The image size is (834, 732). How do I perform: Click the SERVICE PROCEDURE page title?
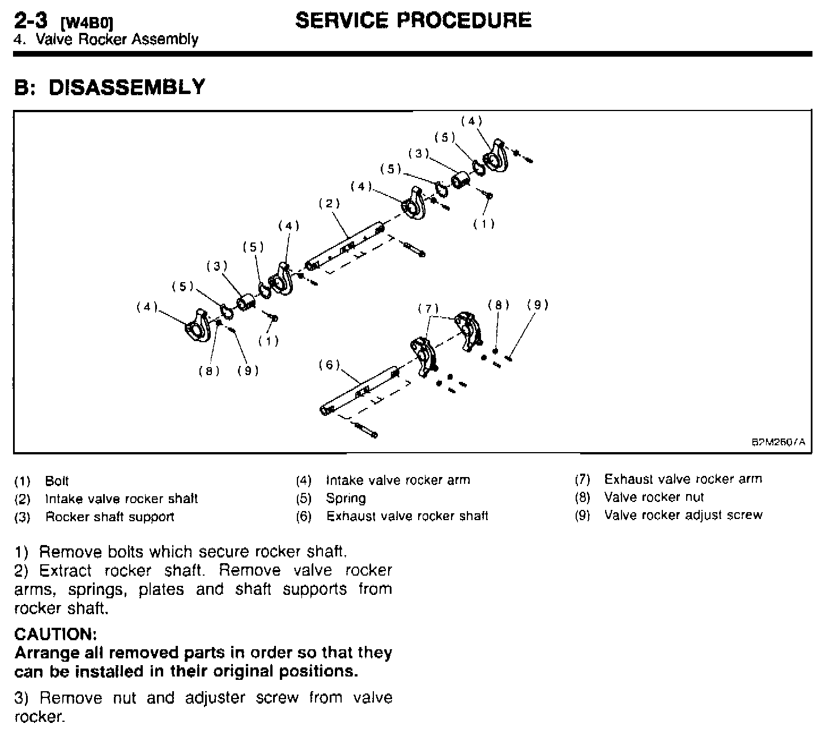[x=413, y=20]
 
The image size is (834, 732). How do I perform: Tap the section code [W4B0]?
[x=87, y=24]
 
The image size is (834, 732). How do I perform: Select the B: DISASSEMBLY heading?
[x=109, y=87]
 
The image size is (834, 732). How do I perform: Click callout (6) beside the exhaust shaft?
[x=329, y=365]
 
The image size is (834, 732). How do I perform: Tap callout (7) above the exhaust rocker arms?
[x=428, y=309]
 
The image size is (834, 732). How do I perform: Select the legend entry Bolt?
[x=57, y=481]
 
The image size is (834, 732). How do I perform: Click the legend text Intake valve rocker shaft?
[x=121, y=499]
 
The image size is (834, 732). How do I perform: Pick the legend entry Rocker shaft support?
[x=109, y=517]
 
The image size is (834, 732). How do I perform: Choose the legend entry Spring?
[x=346, y=499]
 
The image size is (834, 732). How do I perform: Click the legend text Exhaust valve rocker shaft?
[x=407, y=516]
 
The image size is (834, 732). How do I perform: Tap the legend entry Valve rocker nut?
[x=654, y=497]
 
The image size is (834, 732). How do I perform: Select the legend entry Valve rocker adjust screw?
[x=683, y=515]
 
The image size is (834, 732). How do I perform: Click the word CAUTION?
[x=56, y=633]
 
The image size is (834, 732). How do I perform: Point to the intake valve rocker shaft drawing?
[x=346, y=248]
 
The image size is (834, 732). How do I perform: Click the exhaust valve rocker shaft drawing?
[x=360, y=390]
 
